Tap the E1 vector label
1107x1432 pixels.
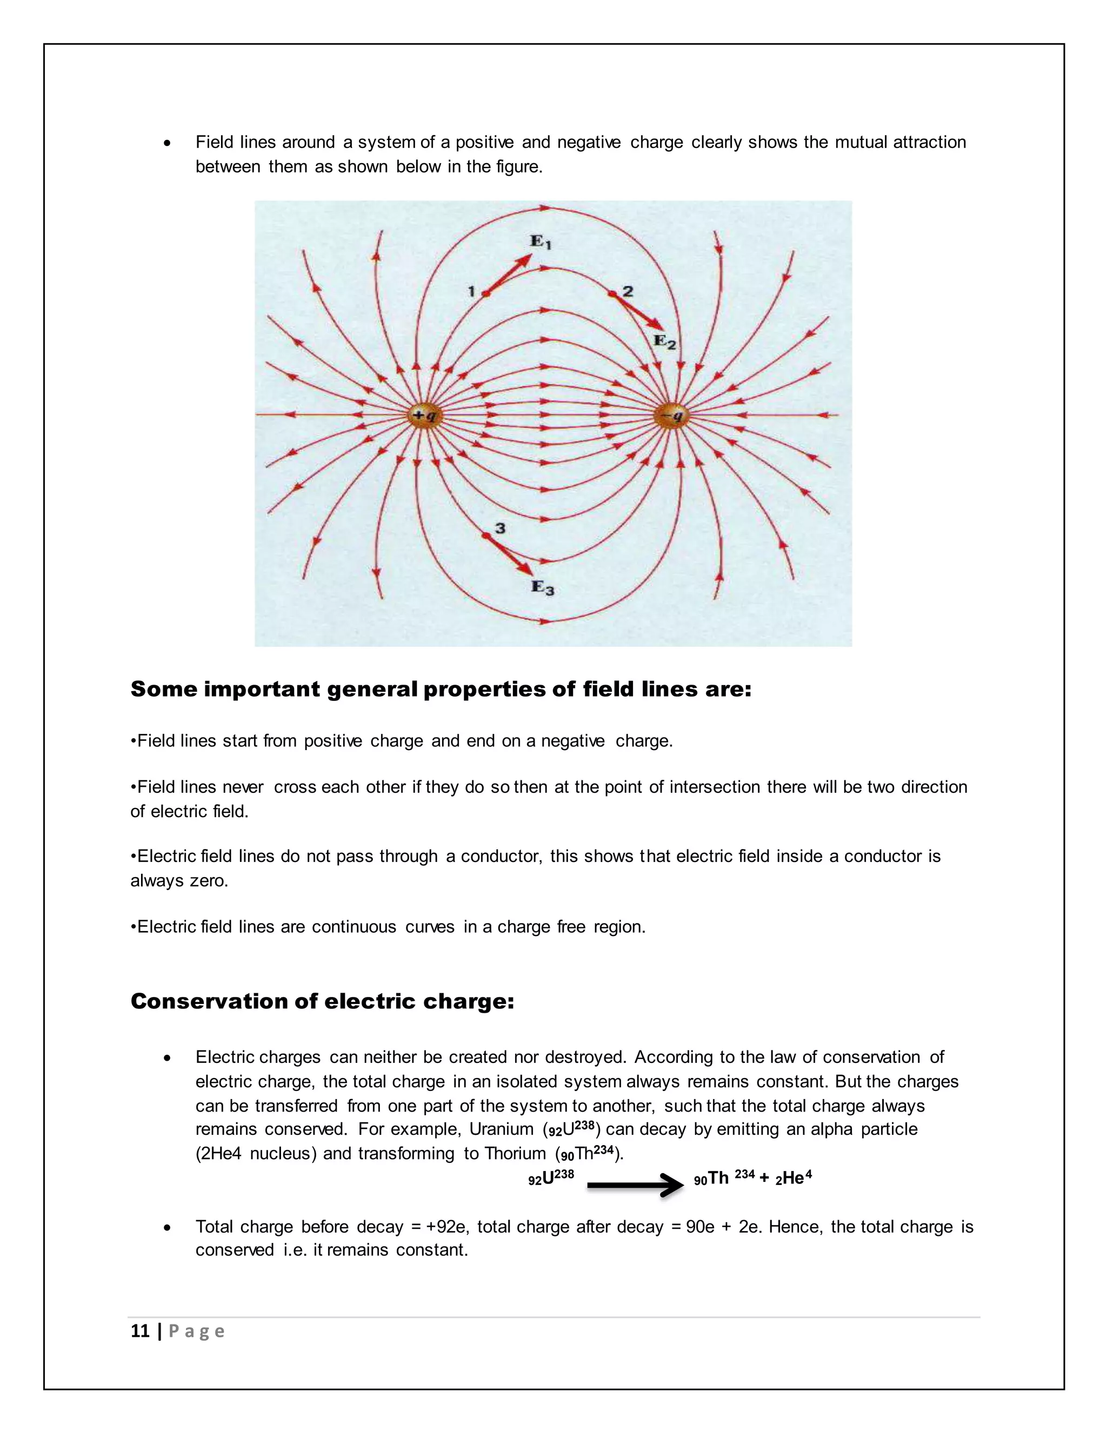(541, 242)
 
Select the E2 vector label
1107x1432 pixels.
(664, 341)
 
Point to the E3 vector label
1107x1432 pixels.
(542, 587)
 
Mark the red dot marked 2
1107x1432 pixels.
(612, 294)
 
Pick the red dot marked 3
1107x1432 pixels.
(486, 536)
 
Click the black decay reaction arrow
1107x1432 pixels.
(634, 1185)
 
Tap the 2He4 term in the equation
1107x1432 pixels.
(793, 1177)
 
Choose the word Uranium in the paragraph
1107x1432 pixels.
(501, 1129)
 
